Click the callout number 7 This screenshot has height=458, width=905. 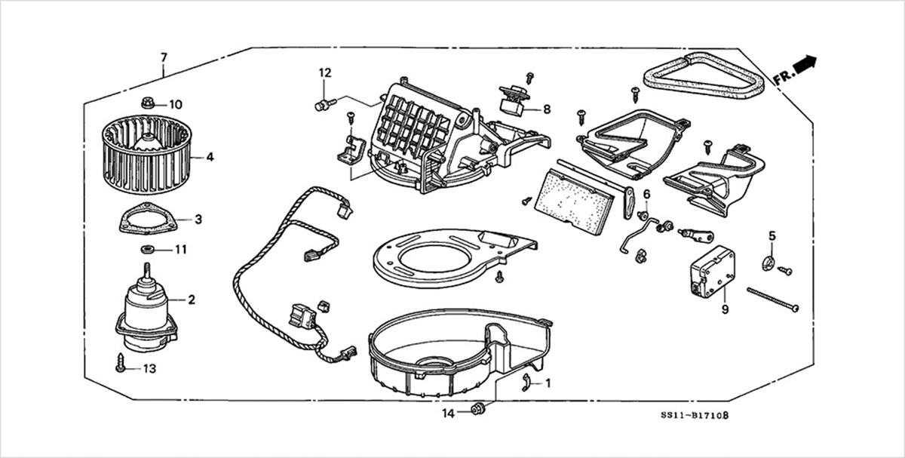[x=164, y=57]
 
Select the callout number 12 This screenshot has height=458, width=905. [x=324, y=73]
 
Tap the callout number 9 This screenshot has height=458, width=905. [x=725, y=309]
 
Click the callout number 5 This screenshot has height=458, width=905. [x=772, y=236]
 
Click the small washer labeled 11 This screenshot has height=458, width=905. [x=146, y=249]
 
